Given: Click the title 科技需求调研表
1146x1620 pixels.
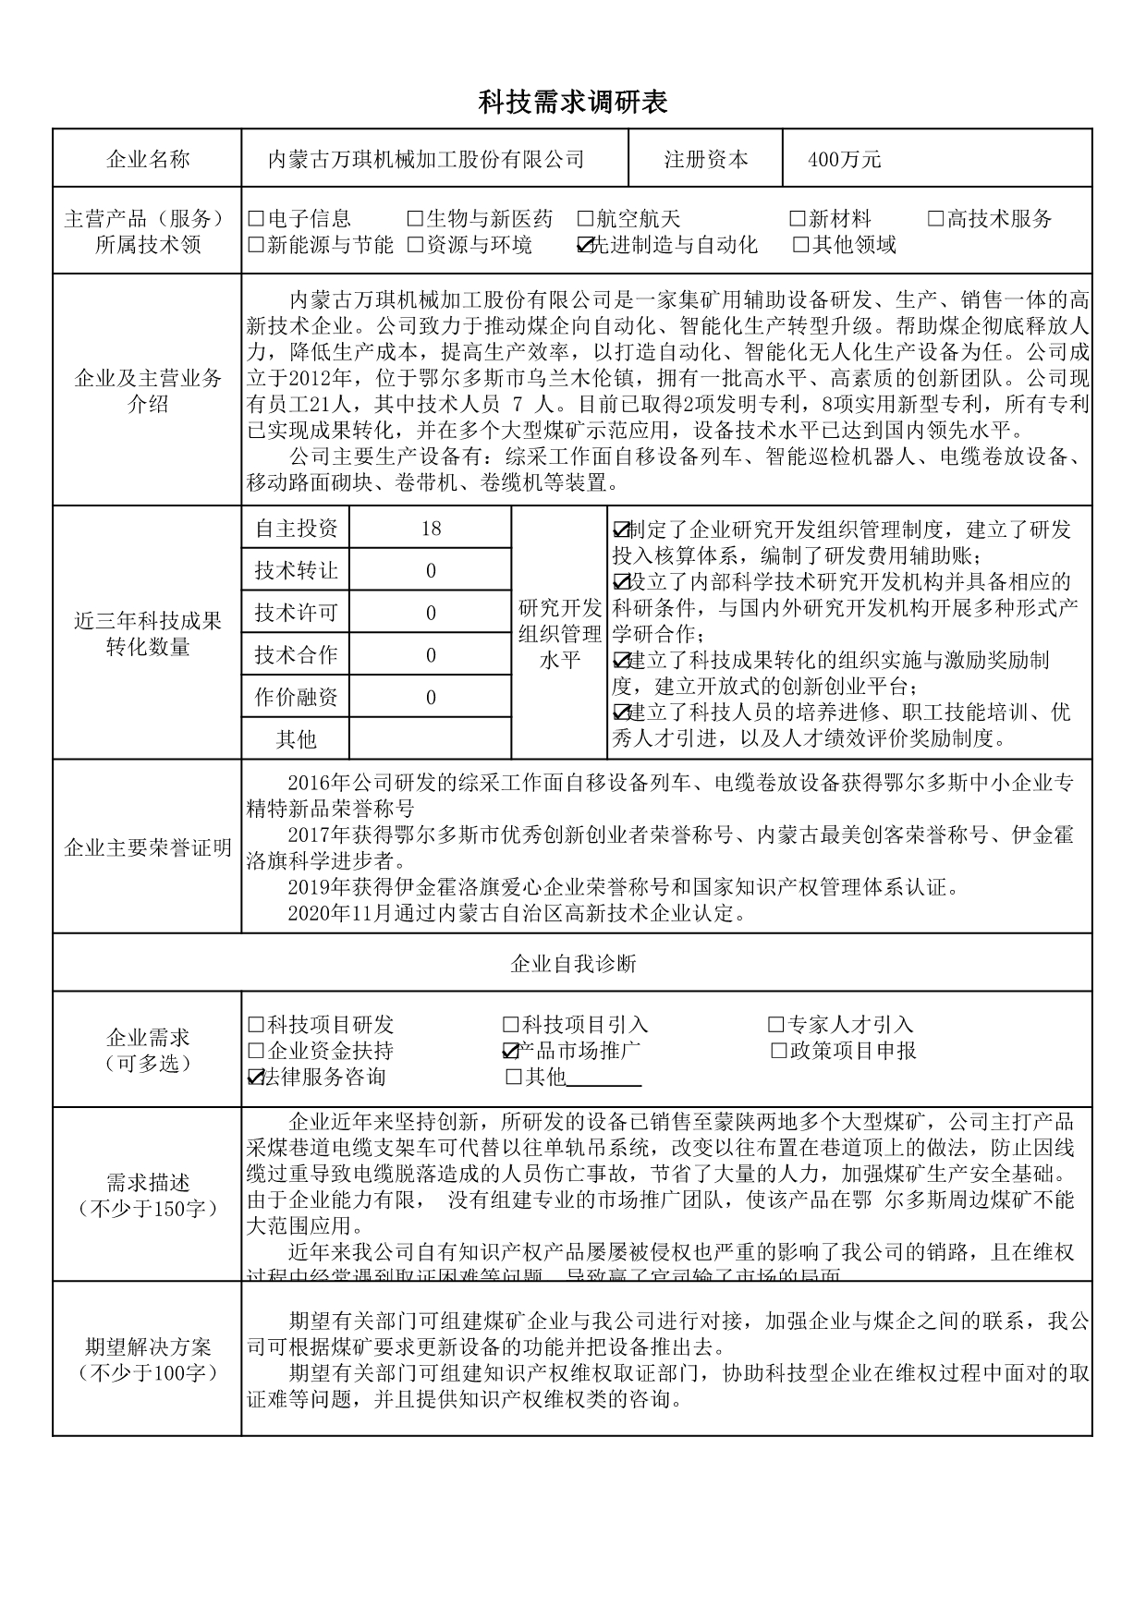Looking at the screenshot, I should [x=572, y=103].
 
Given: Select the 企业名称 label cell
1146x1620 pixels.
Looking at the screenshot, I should [x=148, y=160].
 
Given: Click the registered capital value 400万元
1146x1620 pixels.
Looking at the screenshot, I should [x=845, y=160].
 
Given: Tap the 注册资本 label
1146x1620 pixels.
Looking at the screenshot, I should [x=706, y=160].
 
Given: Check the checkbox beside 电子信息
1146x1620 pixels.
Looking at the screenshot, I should [x=256, y=219].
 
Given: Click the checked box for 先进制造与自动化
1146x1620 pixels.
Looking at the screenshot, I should [x=584, y=245].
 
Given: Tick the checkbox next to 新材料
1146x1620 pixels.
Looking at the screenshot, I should [x=798, y=219].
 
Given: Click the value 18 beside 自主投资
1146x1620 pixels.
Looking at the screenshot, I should [x=431, y=529].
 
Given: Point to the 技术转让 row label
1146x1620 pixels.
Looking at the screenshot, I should [x=296, y=571].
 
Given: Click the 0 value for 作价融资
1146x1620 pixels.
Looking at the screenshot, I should [x=431, y=698].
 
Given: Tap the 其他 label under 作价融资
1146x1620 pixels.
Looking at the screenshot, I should [x=296, y=738].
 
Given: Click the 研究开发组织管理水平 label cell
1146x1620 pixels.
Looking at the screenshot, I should [x=560, y=633].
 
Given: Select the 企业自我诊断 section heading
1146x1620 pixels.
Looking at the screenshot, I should [x=573, y=964].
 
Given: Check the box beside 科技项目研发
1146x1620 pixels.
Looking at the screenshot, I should [x=256, y=1025].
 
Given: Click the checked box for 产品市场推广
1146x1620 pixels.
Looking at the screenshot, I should [x=510, y=1051].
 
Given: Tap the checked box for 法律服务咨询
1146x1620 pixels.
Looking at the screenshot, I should [x=256, y=1077].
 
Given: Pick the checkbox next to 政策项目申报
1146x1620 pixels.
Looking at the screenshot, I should [x=778, y=1051].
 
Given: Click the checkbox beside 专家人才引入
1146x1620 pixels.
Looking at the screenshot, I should [x=776, y=1025].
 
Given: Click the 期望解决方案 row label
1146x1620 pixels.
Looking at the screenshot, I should [x=148, y=1358].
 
